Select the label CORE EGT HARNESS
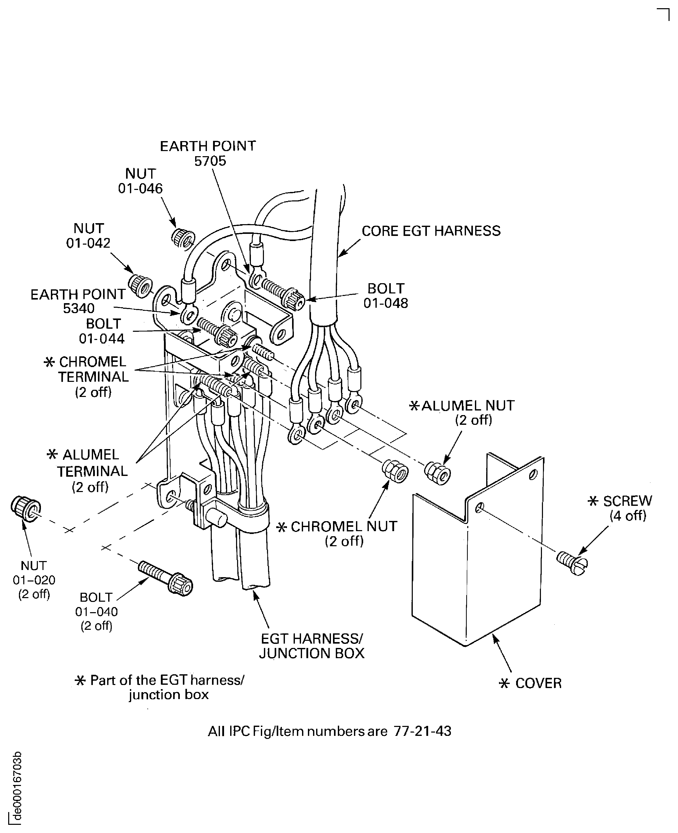click(x=431, y=231)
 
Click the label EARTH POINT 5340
click(x=78, y=301)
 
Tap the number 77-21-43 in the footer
click(x=422, y=731)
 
